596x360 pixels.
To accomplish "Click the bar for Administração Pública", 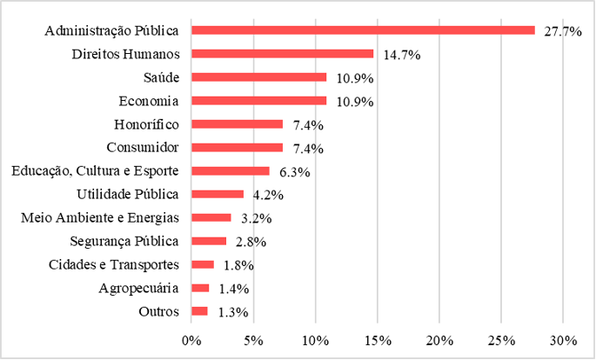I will point(363,30).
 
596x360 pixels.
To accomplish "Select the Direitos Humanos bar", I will point(282,54).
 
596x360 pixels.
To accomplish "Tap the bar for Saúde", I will point(258,77).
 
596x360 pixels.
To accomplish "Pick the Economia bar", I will point(258,101).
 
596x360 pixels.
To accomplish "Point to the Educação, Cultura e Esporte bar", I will point(231,171).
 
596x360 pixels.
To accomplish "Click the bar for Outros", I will point(199,311).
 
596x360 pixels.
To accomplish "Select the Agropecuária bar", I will point(200,288).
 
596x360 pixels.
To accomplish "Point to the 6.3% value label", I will point(291,172).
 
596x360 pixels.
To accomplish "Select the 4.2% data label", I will point(265,195).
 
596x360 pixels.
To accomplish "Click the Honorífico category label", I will point(146,124).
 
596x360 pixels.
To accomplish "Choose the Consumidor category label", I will point(142,148).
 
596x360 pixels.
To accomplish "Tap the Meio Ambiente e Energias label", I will point(99,217).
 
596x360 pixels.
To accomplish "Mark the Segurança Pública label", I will point(124,241).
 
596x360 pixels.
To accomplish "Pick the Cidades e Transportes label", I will point(112,264).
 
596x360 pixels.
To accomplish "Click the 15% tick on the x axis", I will point(378,339).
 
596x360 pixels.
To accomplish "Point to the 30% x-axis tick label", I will point(563,339).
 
